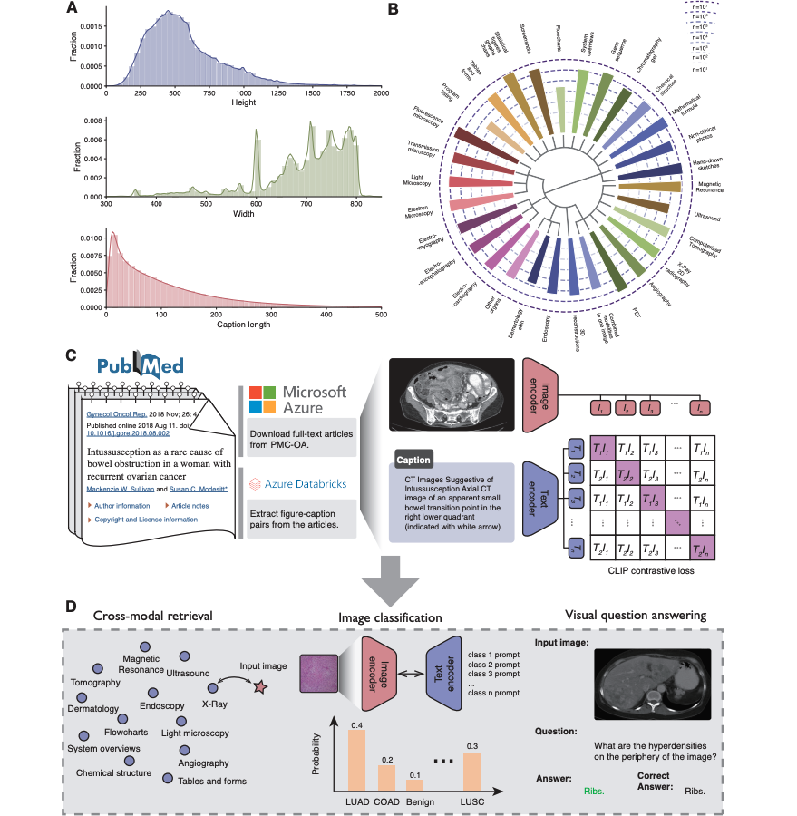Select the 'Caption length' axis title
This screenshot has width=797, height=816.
[244, 325]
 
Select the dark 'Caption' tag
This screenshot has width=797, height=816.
[413, 460]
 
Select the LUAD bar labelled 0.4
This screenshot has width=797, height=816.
[357, 759]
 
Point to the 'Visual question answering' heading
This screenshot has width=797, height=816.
[635, 615]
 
